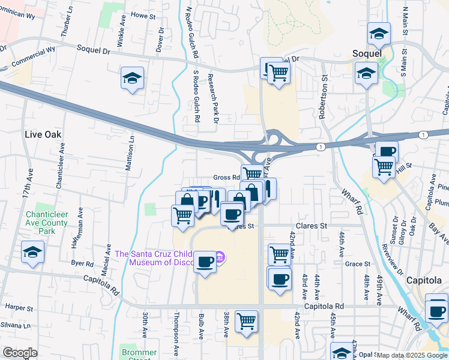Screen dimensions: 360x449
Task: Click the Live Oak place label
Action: click(44, 134)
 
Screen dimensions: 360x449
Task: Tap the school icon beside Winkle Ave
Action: click(132, 78)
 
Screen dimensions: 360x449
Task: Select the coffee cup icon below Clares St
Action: click(205, 262)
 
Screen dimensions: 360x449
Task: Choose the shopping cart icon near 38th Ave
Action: click(246, 321)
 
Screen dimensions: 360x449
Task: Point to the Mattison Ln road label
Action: click(130, 152)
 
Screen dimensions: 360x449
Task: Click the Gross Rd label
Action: click(226, 178)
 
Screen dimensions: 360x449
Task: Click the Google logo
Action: click(20, 353)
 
